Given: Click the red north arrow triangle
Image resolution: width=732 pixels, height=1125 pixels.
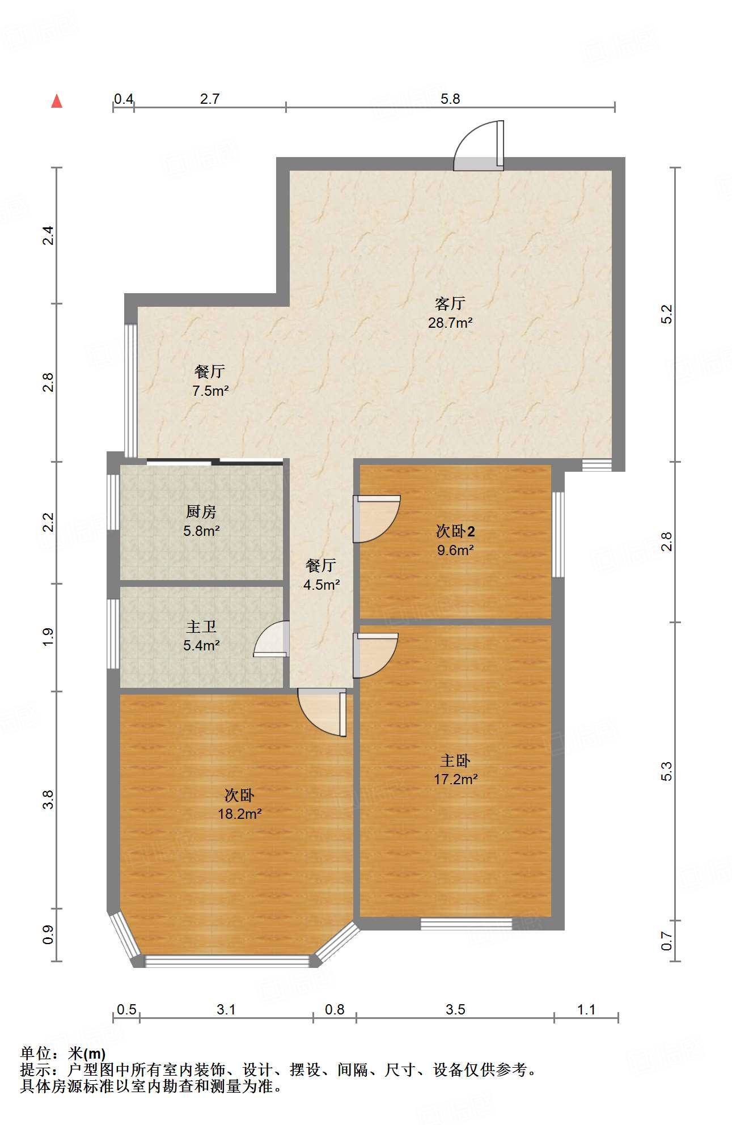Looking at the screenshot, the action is click(57, 101).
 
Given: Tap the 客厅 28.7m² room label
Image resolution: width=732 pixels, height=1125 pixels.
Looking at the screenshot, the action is click(450, 313).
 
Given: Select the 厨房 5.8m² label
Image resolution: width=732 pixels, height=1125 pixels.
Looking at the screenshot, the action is click(201, 521).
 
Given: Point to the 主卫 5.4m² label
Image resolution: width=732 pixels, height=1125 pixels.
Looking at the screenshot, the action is click(201, 636).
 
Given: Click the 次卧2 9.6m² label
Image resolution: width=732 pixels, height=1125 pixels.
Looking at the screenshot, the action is click(455, 540).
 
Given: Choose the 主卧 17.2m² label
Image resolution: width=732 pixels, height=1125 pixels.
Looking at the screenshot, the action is click(455, 770).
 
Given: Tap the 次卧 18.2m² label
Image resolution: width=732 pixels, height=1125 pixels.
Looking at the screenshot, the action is click(239, 805).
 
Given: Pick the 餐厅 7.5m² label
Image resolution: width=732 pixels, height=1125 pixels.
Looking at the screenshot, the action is click(210, 381).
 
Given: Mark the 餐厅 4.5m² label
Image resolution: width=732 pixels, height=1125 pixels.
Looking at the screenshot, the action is click(321, 574).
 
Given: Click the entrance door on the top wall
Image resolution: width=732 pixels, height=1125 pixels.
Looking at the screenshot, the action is click(479, 146).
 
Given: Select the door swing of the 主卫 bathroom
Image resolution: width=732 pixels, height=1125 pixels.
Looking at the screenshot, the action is click(271, 639).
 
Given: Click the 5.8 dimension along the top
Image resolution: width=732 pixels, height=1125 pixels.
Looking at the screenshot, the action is click(450, 99).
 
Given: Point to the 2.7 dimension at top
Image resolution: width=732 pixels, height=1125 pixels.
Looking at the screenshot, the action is click(210, 99).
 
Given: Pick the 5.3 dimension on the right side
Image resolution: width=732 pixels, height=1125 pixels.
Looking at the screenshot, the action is click(667, 771).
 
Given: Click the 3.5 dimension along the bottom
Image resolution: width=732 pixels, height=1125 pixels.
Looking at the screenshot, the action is click(455, 1009).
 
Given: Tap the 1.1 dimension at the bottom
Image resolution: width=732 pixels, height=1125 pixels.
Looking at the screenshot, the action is click(586, 1009).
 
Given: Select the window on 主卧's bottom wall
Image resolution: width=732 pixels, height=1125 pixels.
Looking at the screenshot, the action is click(466, 924).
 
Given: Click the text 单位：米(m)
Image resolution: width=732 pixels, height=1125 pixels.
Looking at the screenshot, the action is click(63, 1054).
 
